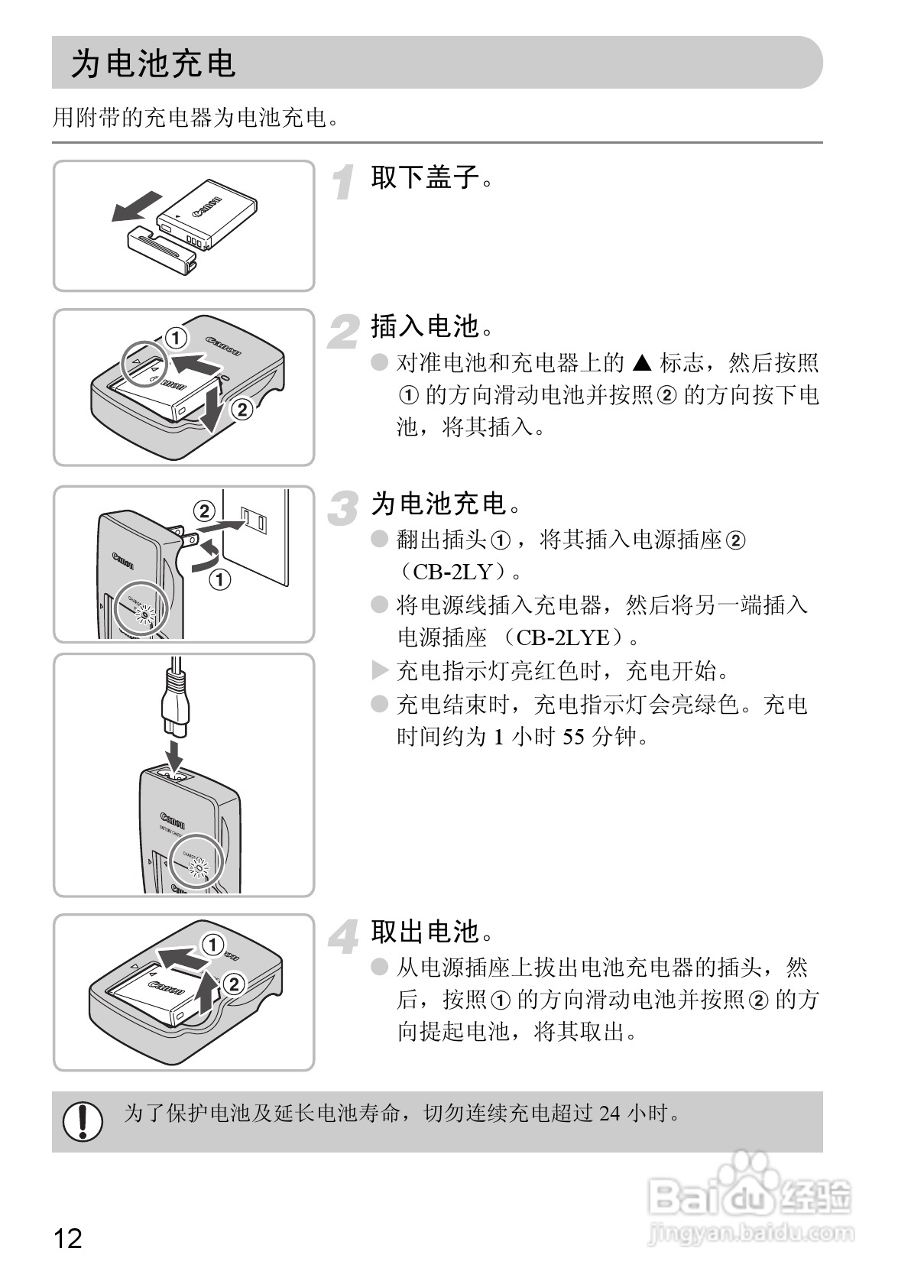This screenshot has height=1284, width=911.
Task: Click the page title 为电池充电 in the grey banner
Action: (153, 63)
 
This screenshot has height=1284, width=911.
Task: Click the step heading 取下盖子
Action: (432, 178)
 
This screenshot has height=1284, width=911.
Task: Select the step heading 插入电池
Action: (432, 327)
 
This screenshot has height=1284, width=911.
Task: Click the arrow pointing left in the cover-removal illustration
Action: (136, 205)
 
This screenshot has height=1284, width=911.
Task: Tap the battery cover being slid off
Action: (160, 248)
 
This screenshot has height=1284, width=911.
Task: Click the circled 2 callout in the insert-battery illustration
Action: (242, 410)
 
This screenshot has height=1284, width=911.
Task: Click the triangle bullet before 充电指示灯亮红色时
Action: (379, 671)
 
